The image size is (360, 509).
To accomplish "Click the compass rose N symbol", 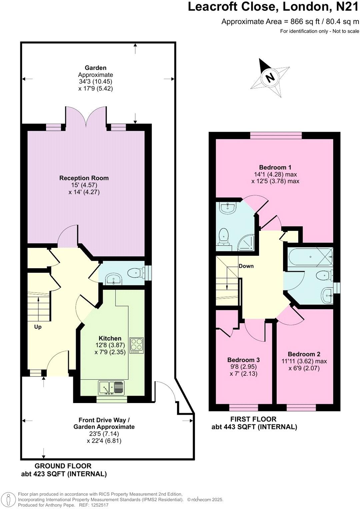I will point(270,78).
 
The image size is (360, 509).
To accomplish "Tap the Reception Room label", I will point(84,178).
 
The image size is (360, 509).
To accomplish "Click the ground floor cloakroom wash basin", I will point(114,279).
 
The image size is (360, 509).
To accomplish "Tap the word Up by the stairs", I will point(38,327).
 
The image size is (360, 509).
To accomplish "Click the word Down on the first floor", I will point(246,266).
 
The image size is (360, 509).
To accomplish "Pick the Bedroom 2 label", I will point(304,354).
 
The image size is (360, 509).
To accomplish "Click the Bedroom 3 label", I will point(243,360).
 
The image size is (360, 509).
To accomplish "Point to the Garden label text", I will point(95,68).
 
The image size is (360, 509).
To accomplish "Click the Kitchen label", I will point(110,338).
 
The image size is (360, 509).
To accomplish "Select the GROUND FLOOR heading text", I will point(63,466).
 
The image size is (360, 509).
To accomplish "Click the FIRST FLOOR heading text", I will point(253,419).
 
